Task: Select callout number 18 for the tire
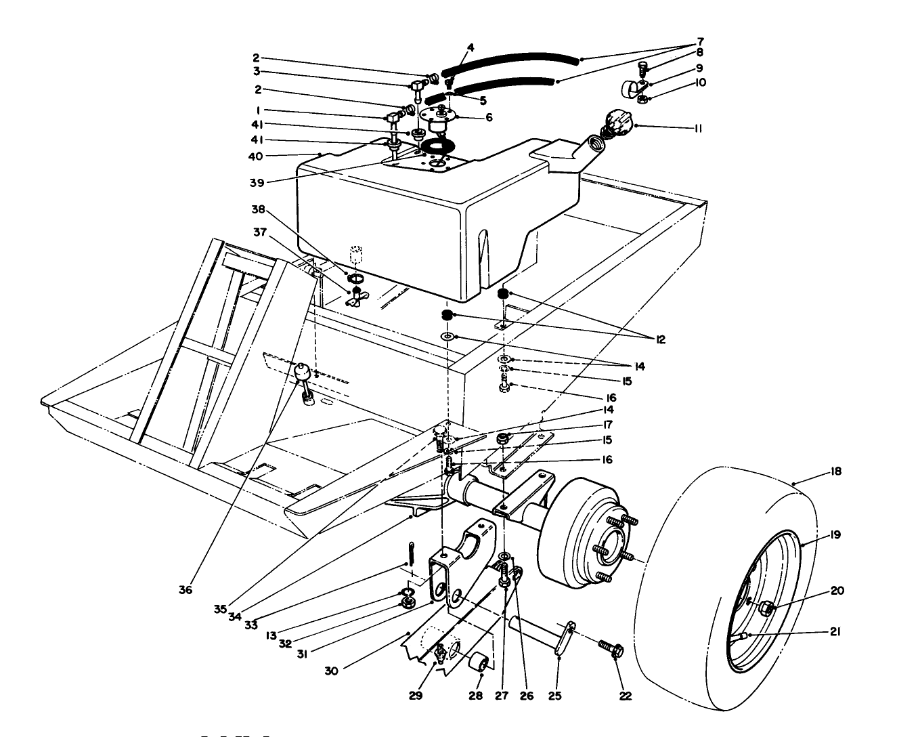pos(835,471)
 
